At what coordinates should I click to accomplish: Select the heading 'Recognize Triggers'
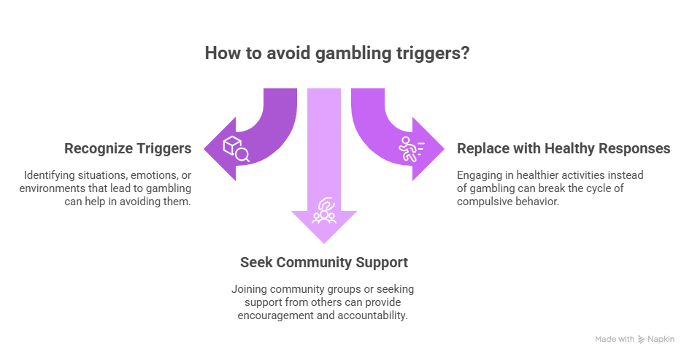128,148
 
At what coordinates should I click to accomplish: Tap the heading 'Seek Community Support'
324,261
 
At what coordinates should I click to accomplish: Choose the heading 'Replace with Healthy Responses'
564,148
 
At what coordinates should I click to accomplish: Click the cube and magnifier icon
237,149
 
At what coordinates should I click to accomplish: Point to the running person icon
409,149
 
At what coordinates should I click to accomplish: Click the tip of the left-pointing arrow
204,149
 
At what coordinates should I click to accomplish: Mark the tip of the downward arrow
323,243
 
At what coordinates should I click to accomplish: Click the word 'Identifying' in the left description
47,175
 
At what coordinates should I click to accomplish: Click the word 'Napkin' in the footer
662,339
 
